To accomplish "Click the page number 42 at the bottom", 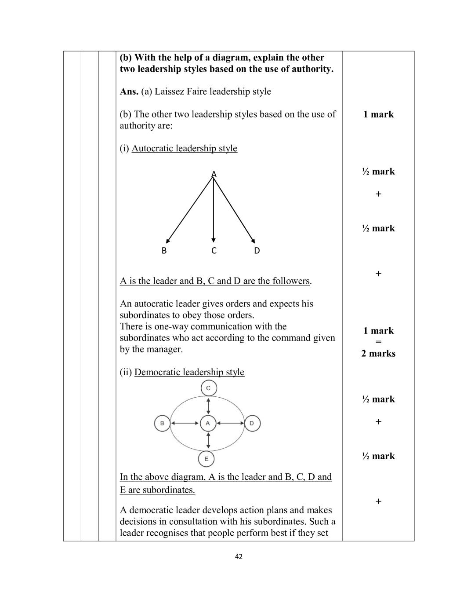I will (x=239, y=556).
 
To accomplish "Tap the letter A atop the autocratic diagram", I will (x=214, y=175).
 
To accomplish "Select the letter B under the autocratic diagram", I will (x=164, y=251).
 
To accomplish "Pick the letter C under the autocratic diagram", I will (x=214, y=251).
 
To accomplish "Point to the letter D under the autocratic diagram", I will (x=257, y=251).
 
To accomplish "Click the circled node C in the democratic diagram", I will (x=208, y=388).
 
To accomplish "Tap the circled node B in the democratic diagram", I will (x=162, y=423).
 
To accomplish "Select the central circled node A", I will (x=208, y=423).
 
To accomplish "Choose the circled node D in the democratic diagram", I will (x=252, y=423).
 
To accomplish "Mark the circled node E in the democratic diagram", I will (x=206, y=459).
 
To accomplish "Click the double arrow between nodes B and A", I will (x=185, y=423).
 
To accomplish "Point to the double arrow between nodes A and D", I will (x=230, y=423).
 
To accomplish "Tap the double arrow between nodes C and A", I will (x=208, y=405).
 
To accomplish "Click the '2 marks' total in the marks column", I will (x=378, y=354).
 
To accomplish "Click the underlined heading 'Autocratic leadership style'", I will (x=184, y=148).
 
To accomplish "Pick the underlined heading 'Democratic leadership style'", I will (x=189, y=372).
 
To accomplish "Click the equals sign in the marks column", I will (x=378, y=342).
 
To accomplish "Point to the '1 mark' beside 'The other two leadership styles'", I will (x=378, y=114).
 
